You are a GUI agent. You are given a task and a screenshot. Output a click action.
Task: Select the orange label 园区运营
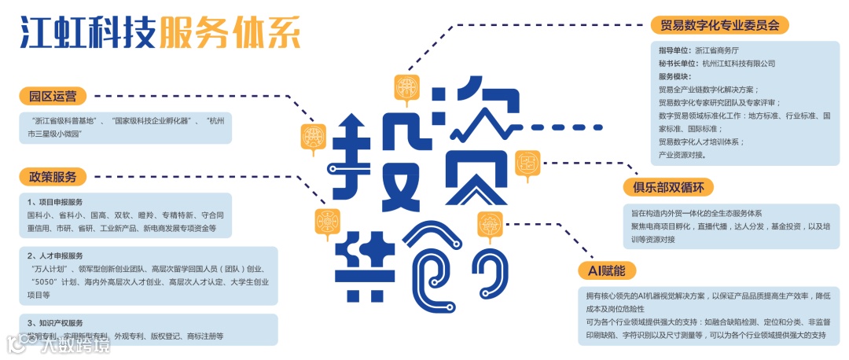click(x=53, y=97)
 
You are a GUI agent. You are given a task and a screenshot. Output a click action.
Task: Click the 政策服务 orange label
click(x=53, y=177)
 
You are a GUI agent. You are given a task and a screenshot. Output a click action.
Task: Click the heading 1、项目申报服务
click(x=54, y=202)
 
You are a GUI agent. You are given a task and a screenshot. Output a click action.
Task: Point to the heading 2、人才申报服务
click(x=54, y=256)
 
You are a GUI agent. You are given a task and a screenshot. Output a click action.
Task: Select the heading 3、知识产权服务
click(x=54, y=323)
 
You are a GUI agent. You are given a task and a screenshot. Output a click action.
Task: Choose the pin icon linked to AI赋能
click(x=490, y=226)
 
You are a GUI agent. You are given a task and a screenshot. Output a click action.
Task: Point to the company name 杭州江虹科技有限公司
click(x=739, y=64)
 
